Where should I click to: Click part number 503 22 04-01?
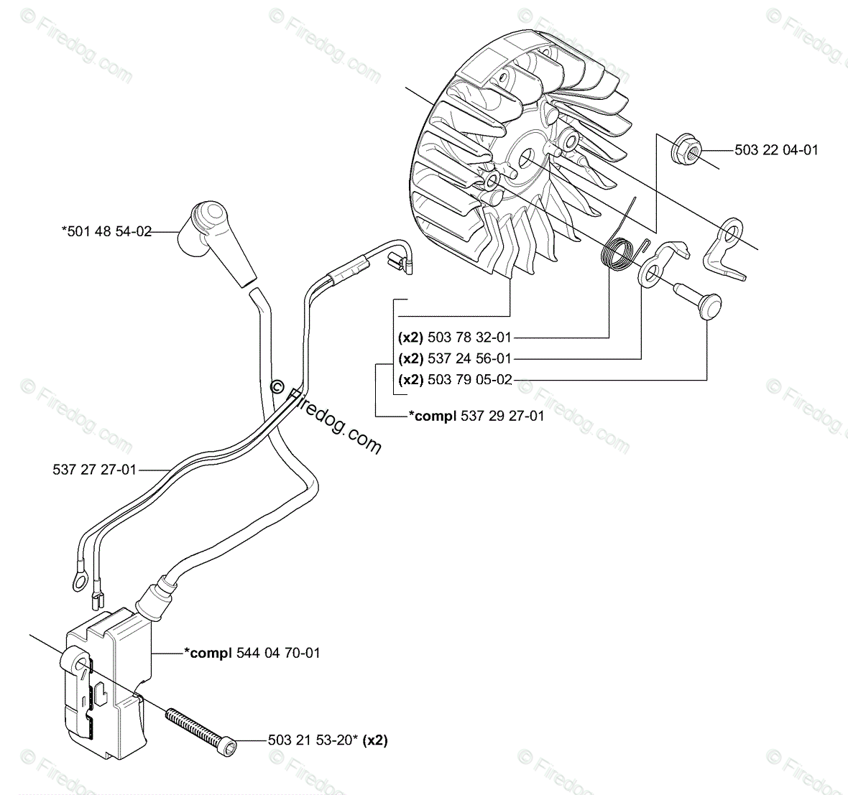pos(776,150)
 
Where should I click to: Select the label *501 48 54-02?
pos(106,231)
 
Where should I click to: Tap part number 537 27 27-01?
pos(94,470)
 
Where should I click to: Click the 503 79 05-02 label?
pos(469,380)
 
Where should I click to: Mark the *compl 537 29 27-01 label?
pos(476,416)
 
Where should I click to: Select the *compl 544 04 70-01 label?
pos(252,653)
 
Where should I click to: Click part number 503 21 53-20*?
pos(313,740)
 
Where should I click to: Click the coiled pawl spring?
pos(617,254)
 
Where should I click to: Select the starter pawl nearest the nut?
pos(727,248)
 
